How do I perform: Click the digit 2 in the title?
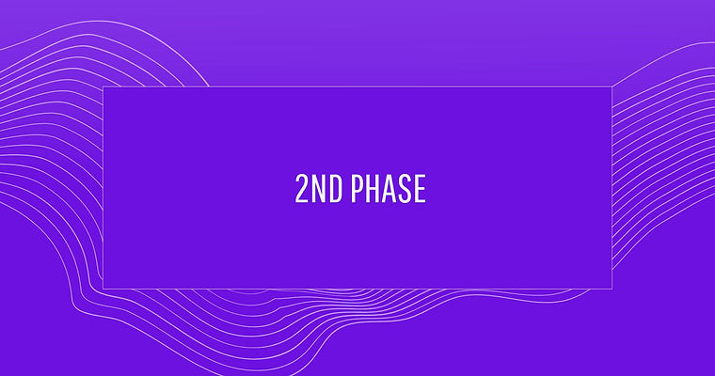coord(302,188)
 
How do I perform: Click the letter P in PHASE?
coord(357,188)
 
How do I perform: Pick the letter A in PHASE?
coord(389,188)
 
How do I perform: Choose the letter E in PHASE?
coord(420,188)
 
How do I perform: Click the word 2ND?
coord(319,188)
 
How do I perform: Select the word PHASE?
coord(388,188)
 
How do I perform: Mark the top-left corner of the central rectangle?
coord(103,86)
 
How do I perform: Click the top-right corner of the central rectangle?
coord(612,86)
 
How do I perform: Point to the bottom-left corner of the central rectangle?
coord(103,289)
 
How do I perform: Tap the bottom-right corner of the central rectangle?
coord(612,289)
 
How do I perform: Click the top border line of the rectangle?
coord(357,86)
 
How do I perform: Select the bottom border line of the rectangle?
coord(357,289)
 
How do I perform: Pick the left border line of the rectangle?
coord(103,188)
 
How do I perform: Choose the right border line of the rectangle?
coord(612,188)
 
